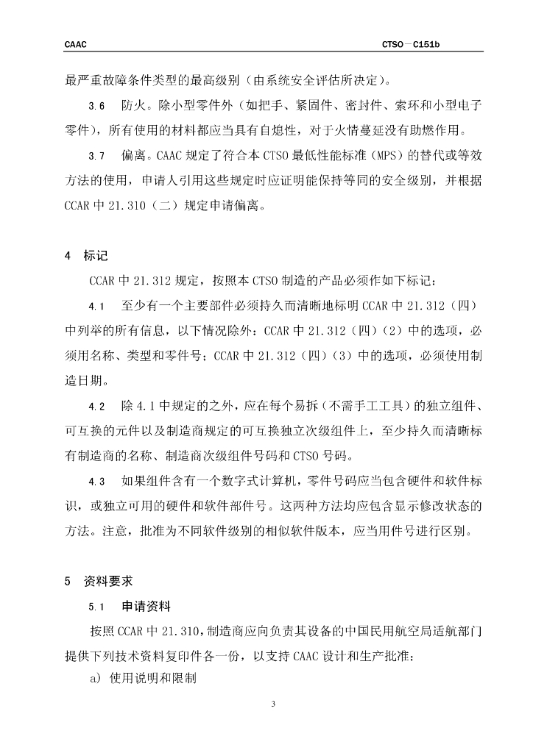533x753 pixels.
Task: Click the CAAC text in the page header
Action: tap(76, 45)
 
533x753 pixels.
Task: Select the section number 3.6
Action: tap(96, 107)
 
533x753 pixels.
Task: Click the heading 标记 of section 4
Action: tap(96, 256)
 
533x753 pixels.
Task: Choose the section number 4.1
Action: tap(96, 305)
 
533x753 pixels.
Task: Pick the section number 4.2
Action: tap(96, 407)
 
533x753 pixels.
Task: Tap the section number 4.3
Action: tap(96, 482)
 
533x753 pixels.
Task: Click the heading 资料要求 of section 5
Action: tap(107, 581)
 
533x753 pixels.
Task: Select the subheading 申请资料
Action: tap(146, 607)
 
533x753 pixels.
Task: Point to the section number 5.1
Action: tap(96, 607)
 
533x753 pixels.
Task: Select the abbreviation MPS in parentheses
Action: tap(389, 157)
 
